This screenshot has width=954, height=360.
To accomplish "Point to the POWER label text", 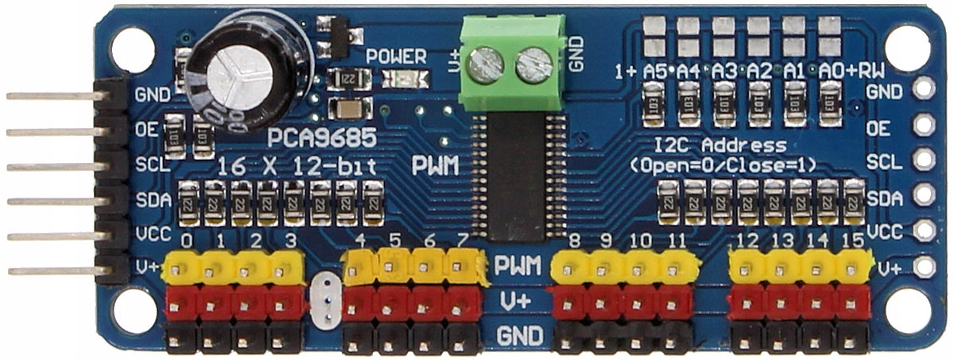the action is [396, 56].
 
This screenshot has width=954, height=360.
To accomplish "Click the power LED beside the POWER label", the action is [406, 79].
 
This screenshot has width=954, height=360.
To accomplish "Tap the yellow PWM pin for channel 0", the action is [182, 270].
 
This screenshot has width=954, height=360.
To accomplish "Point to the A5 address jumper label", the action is [654, 71].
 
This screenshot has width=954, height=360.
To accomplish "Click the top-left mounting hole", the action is [128, 48].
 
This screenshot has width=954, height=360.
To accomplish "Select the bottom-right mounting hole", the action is [921, 312].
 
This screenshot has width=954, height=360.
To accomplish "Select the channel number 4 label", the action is [362, 241].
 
